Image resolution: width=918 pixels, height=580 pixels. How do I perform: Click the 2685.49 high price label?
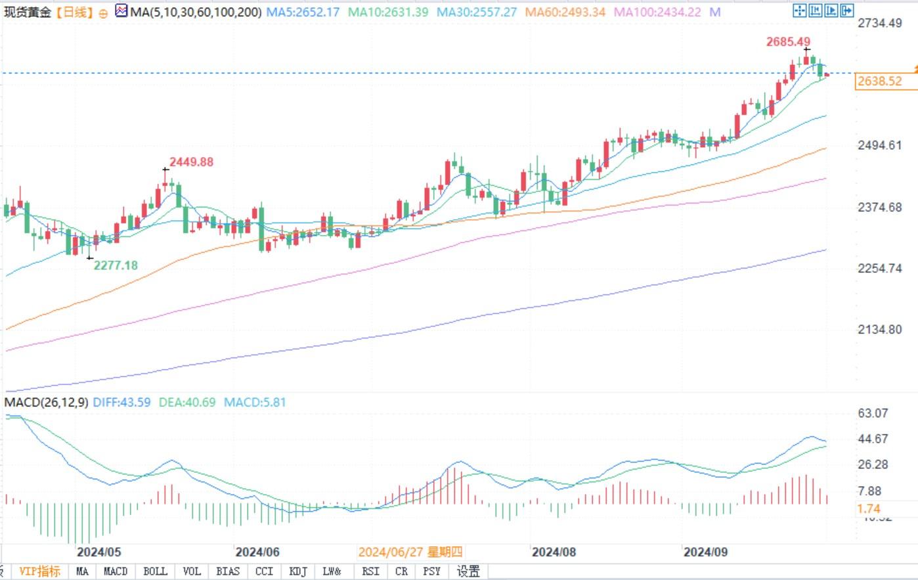click(788, 42)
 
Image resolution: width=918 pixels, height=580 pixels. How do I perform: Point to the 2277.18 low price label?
click(116, 265)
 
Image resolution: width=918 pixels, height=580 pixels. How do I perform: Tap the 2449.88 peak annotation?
click(191, 162)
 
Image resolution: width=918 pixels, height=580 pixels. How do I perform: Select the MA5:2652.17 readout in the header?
click(303, 12)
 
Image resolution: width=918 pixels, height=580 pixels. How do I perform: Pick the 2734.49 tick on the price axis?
click(880, 23)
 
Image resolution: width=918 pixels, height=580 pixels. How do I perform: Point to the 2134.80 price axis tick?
click(880, 330)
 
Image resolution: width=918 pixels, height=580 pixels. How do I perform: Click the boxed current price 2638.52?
click(879, 81)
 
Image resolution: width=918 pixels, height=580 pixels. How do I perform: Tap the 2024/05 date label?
click(99, 552)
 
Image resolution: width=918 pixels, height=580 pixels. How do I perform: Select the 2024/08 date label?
click(554, 552)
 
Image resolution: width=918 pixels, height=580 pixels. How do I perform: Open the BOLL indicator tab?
click(155, 571)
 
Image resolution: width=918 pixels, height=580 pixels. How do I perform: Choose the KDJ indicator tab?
click(298, 571)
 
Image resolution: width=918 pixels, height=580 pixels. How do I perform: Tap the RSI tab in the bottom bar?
click(370, 571)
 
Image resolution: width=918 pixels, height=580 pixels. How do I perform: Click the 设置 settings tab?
click(468, 571)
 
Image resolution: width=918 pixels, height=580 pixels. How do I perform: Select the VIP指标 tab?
click(40, 571)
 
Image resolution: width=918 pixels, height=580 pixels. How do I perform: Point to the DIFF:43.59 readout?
click(121, 402)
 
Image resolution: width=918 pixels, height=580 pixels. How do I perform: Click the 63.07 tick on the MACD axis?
click(873, 413)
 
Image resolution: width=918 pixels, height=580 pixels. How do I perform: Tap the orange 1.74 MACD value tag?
click(868, 508)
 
